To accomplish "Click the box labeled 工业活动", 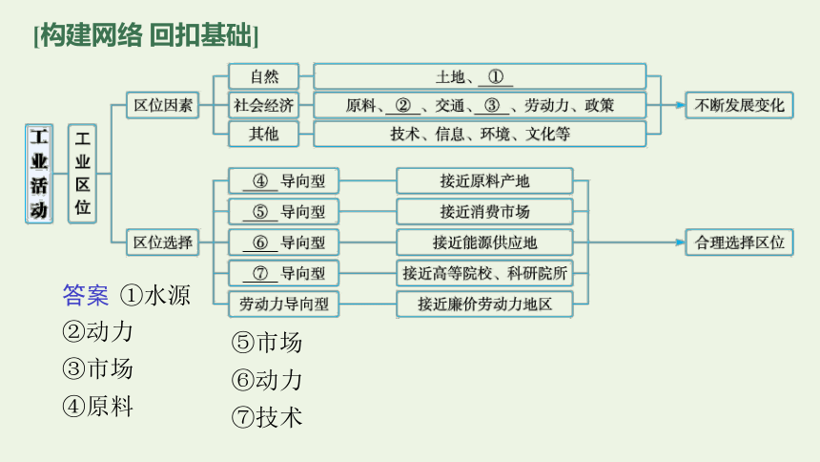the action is point(39,174).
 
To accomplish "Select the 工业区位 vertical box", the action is point(82,174).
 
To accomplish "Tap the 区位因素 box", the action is point(163,105).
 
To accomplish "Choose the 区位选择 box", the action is point(163,242).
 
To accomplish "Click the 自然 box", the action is point(263,76).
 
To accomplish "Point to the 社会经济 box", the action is point(263,105).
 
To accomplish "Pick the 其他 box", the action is point(263,134).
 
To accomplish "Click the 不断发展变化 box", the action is point(740,105).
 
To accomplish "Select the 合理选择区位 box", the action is point(740,242).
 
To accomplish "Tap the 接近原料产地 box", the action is point(484,181).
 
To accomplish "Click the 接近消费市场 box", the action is point(484,212).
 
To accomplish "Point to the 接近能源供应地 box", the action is point(484,242).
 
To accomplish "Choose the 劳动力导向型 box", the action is point(284,304).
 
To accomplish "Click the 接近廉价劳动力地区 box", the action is point(484,304).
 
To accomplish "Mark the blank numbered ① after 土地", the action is point(496,77).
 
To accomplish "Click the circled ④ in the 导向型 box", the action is point(260,181).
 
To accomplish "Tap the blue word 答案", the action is point(85,295).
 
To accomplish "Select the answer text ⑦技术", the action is point(267,417).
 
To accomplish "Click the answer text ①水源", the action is point(155,295).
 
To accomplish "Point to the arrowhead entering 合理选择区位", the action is point(681,242).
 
